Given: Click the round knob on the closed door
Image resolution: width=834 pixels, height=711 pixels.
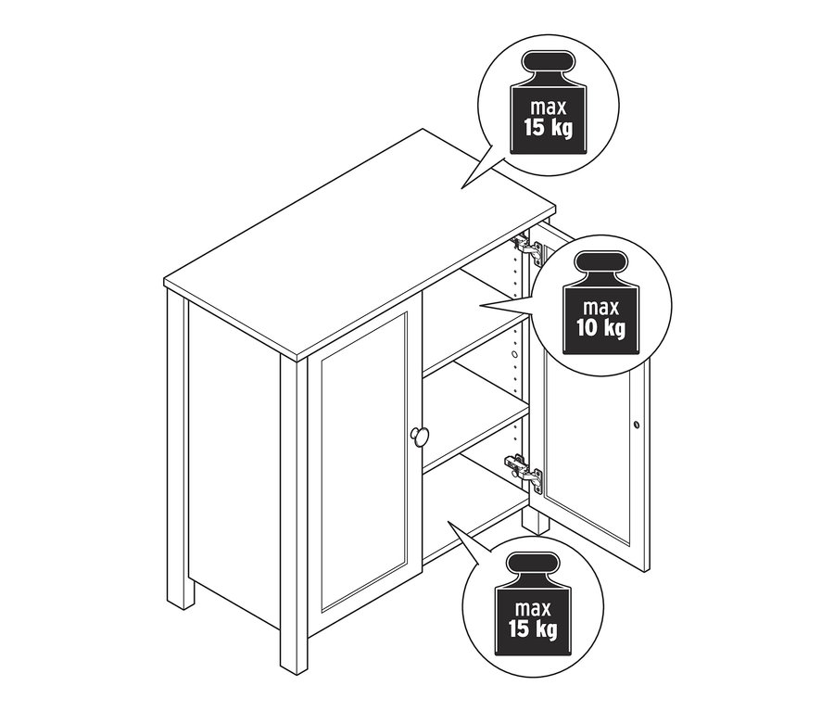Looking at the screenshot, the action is pyautogui.click(x=420, y=436).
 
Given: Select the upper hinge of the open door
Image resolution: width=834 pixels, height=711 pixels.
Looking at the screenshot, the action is pyautogui.click(x=526, y=249).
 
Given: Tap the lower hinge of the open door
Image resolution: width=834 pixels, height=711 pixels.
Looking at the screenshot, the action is pyautogui.click(x=524, y=472).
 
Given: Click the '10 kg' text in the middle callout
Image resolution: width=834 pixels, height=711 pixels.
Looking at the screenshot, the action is pyautogui.click(x=601, y=328).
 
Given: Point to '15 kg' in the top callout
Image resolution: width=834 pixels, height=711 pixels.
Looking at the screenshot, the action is pyautogui.click(x=549, y=128).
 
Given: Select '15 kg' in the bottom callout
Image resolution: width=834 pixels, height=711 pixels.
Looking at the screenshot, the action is pyautogui.click(x=533, y=628).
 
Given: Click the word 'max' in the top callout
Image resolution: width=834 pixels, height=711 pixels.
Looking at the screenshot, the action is pyautogui.click(x=549, y=108).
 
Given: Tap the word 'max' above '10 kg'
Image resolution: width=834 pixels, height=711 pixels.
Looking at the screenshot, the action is pyautogui.click(x=601, y=308).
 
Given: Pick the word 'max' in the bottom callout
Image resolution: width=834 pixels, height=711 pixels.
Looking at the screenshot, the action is pyautogui.click(x=533, y=608).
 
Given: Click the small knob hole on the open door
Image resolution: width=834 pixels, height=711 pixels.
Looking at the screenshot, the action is pyautogui.click(x=637, y=425).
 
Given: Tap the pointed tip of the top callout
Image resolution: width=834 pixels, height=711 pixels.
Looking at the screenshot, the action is pyautogui.click(x=461, y=188).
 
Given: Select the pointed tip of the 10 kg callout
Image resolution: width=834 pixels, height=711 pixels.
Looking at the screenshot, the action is pyautogui.click(x=480, y=306).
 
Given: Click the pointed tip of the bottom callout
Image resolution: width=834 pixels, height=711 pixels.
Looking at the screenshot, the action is pyautogui.click(x=448, y=522).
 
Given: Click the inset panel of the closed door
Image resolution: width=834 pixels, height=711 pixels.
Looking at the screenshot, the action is pyautogui.click(x=364, y=462).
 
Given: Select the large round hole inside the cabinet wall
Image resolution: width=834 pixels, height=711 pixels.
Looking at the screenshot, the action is pyautogui.click(x=513, y=354).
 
